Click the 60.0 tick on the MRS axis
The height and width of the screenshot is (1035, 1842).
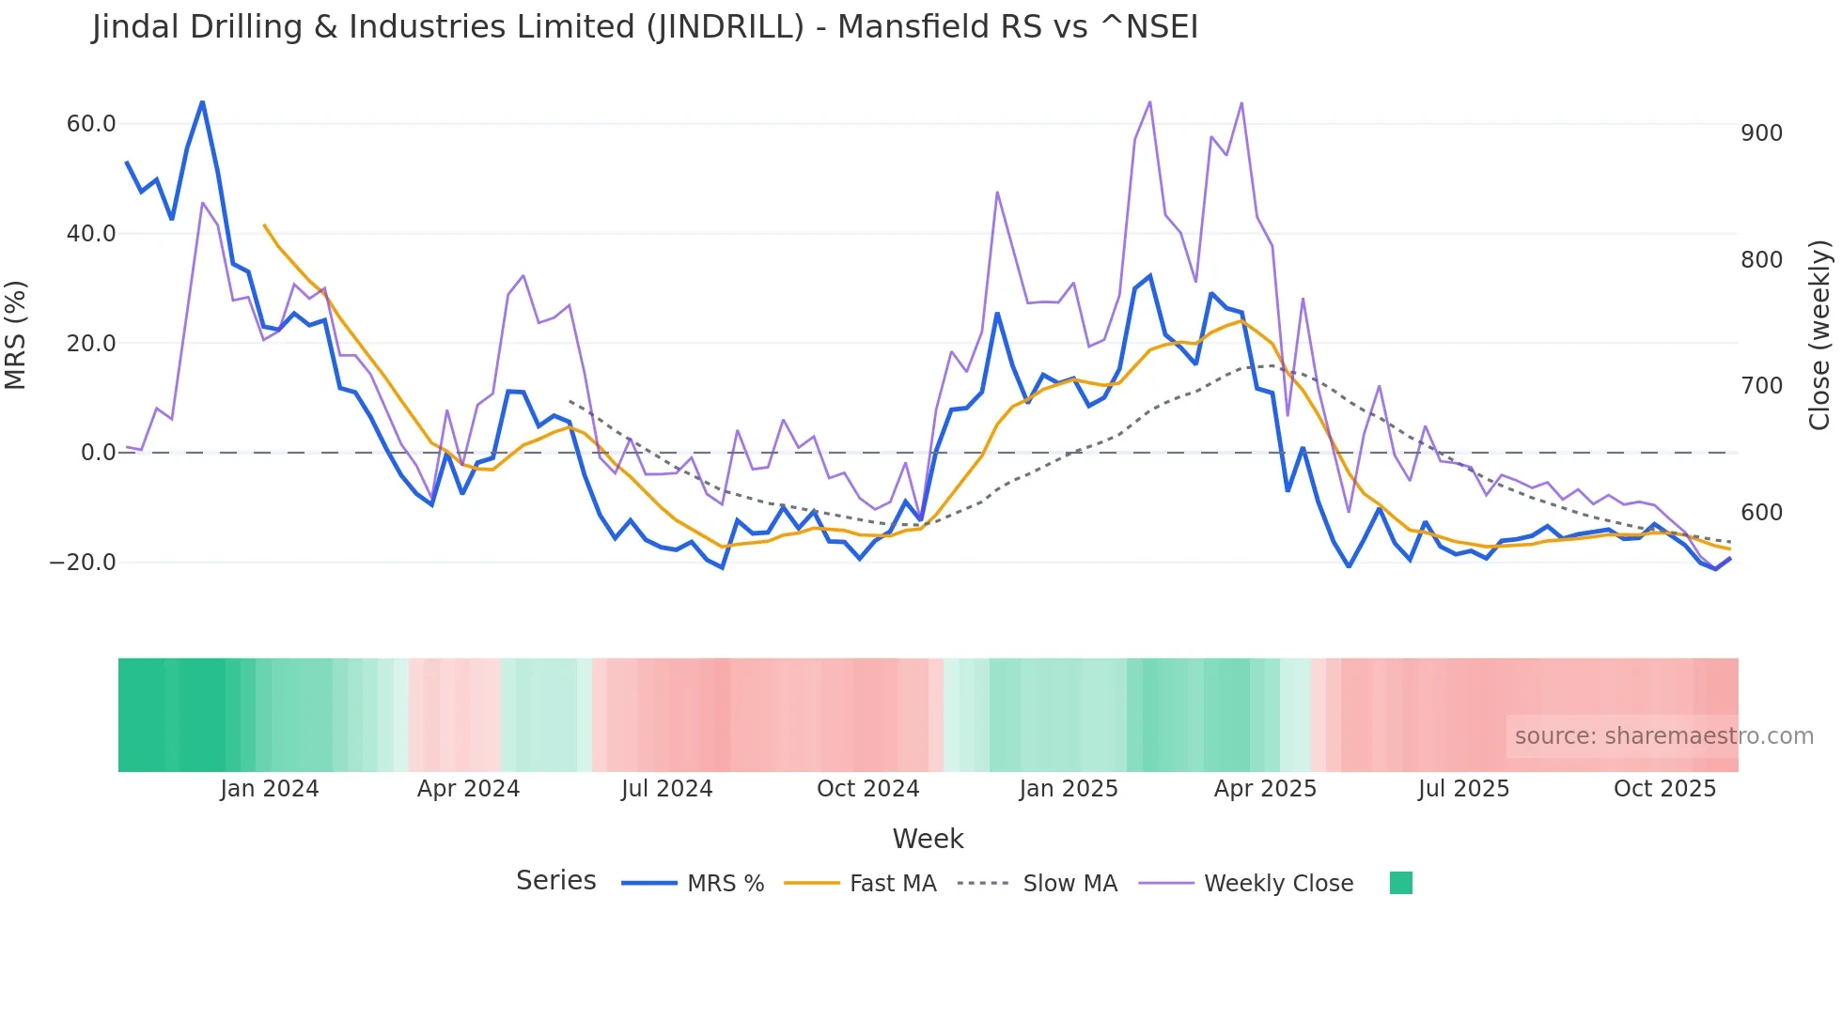click(90, 124)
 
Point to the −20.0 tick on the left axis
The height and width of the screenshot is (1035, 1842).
click(83, 563)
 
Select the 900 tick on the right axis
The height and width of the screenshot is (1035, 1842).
click(1761, 133)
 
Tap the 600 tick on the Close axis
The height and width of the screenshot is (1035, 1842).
click(1761, 513)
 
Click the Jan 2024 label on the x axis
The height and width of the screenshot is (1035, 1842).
click(270, 789)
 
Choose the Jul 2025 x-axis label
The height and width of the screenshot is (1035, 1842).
click(1463, 789)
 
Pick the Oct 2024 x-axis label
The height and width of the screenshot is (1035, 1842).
click(867, 789)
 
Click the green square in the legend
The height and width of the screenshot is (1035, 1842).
click(1400, 883)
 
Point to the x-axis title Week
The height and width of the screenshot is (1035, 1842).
click(928, 839)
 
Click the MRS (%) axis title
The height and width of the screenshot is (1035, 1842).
click(16, 335)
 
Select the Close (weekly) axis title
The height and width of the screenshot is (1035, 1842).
click(1819, 335)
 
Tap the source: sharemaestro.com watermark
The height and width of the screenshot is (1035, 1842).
click(1663, 736)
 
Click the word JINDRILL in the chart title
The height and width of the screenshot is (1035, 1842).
click(725, 27)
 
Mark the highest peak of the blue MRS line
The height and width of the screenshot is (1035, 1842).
click(202, 102)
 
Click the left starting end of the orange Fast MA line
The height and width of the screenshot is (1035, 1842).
click(264, 225)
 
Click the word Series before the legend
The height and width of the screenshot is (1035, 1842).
click(555, 881)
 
